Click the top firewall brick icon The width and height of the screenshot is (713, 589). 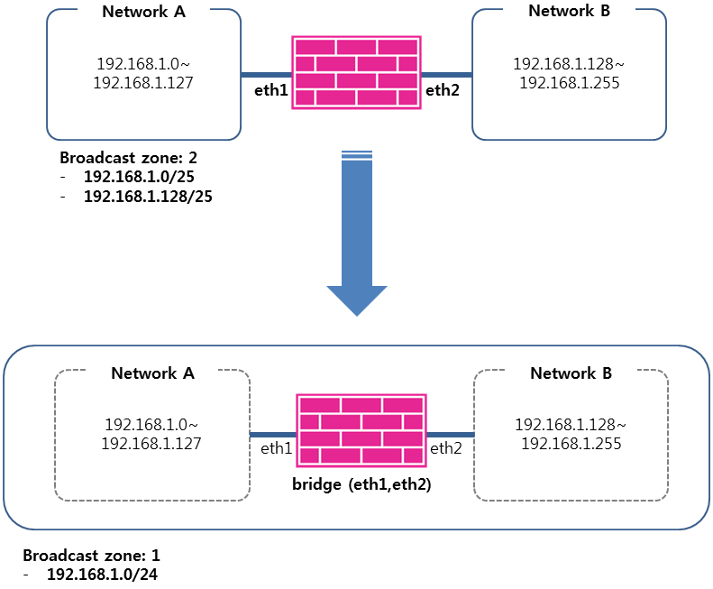pos(357,73)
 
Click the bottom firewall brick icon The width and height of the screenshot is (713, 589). pos(361,429)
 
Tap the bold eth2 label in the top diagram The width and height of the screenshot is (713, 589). pos(443,89)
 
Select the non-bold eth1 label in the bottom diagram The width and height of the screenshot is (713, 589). pos(276,447)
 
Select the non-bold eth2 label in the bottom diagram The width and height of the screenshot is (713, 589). pos(445,447)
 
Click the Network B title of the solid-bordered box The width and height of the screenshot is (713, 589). pos(569,11)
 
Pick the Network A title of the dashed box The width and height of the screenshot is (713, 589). pos(152,373)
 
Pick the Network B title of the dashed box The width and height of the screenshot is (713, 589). pos(571,373)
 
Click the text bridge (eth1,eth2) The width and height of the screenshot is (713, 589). pos(361,484)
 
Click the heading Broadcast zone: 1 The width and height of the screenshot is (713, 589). pos(91,555)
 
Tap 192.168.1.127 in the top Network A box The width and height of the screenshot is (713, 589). pos(143,82)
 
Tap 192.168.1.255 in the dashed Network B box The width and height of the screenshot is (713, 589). pos(571,443)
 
